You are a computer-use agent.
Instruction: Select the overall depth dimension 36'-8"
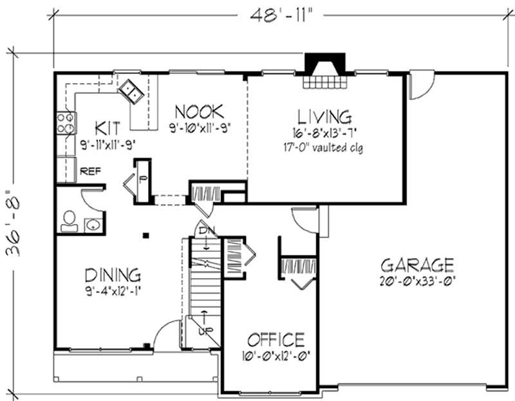pos(14,221)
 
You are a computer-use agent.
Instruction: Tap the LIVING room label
pos(324,117)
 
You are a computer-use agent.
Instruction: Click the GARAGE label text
pos(417,265)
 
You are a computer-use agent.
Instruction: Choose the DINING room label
pos(113,275)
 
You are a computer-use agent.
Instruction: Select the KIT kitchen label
pos(106,125)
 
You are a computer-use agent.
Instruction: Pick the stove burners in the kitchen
pos(65,122)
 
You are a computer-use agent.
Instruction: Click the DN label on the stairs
pos(204,229)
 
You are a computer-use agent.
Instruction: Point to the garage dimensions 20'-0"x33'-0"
pos(417,281)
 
